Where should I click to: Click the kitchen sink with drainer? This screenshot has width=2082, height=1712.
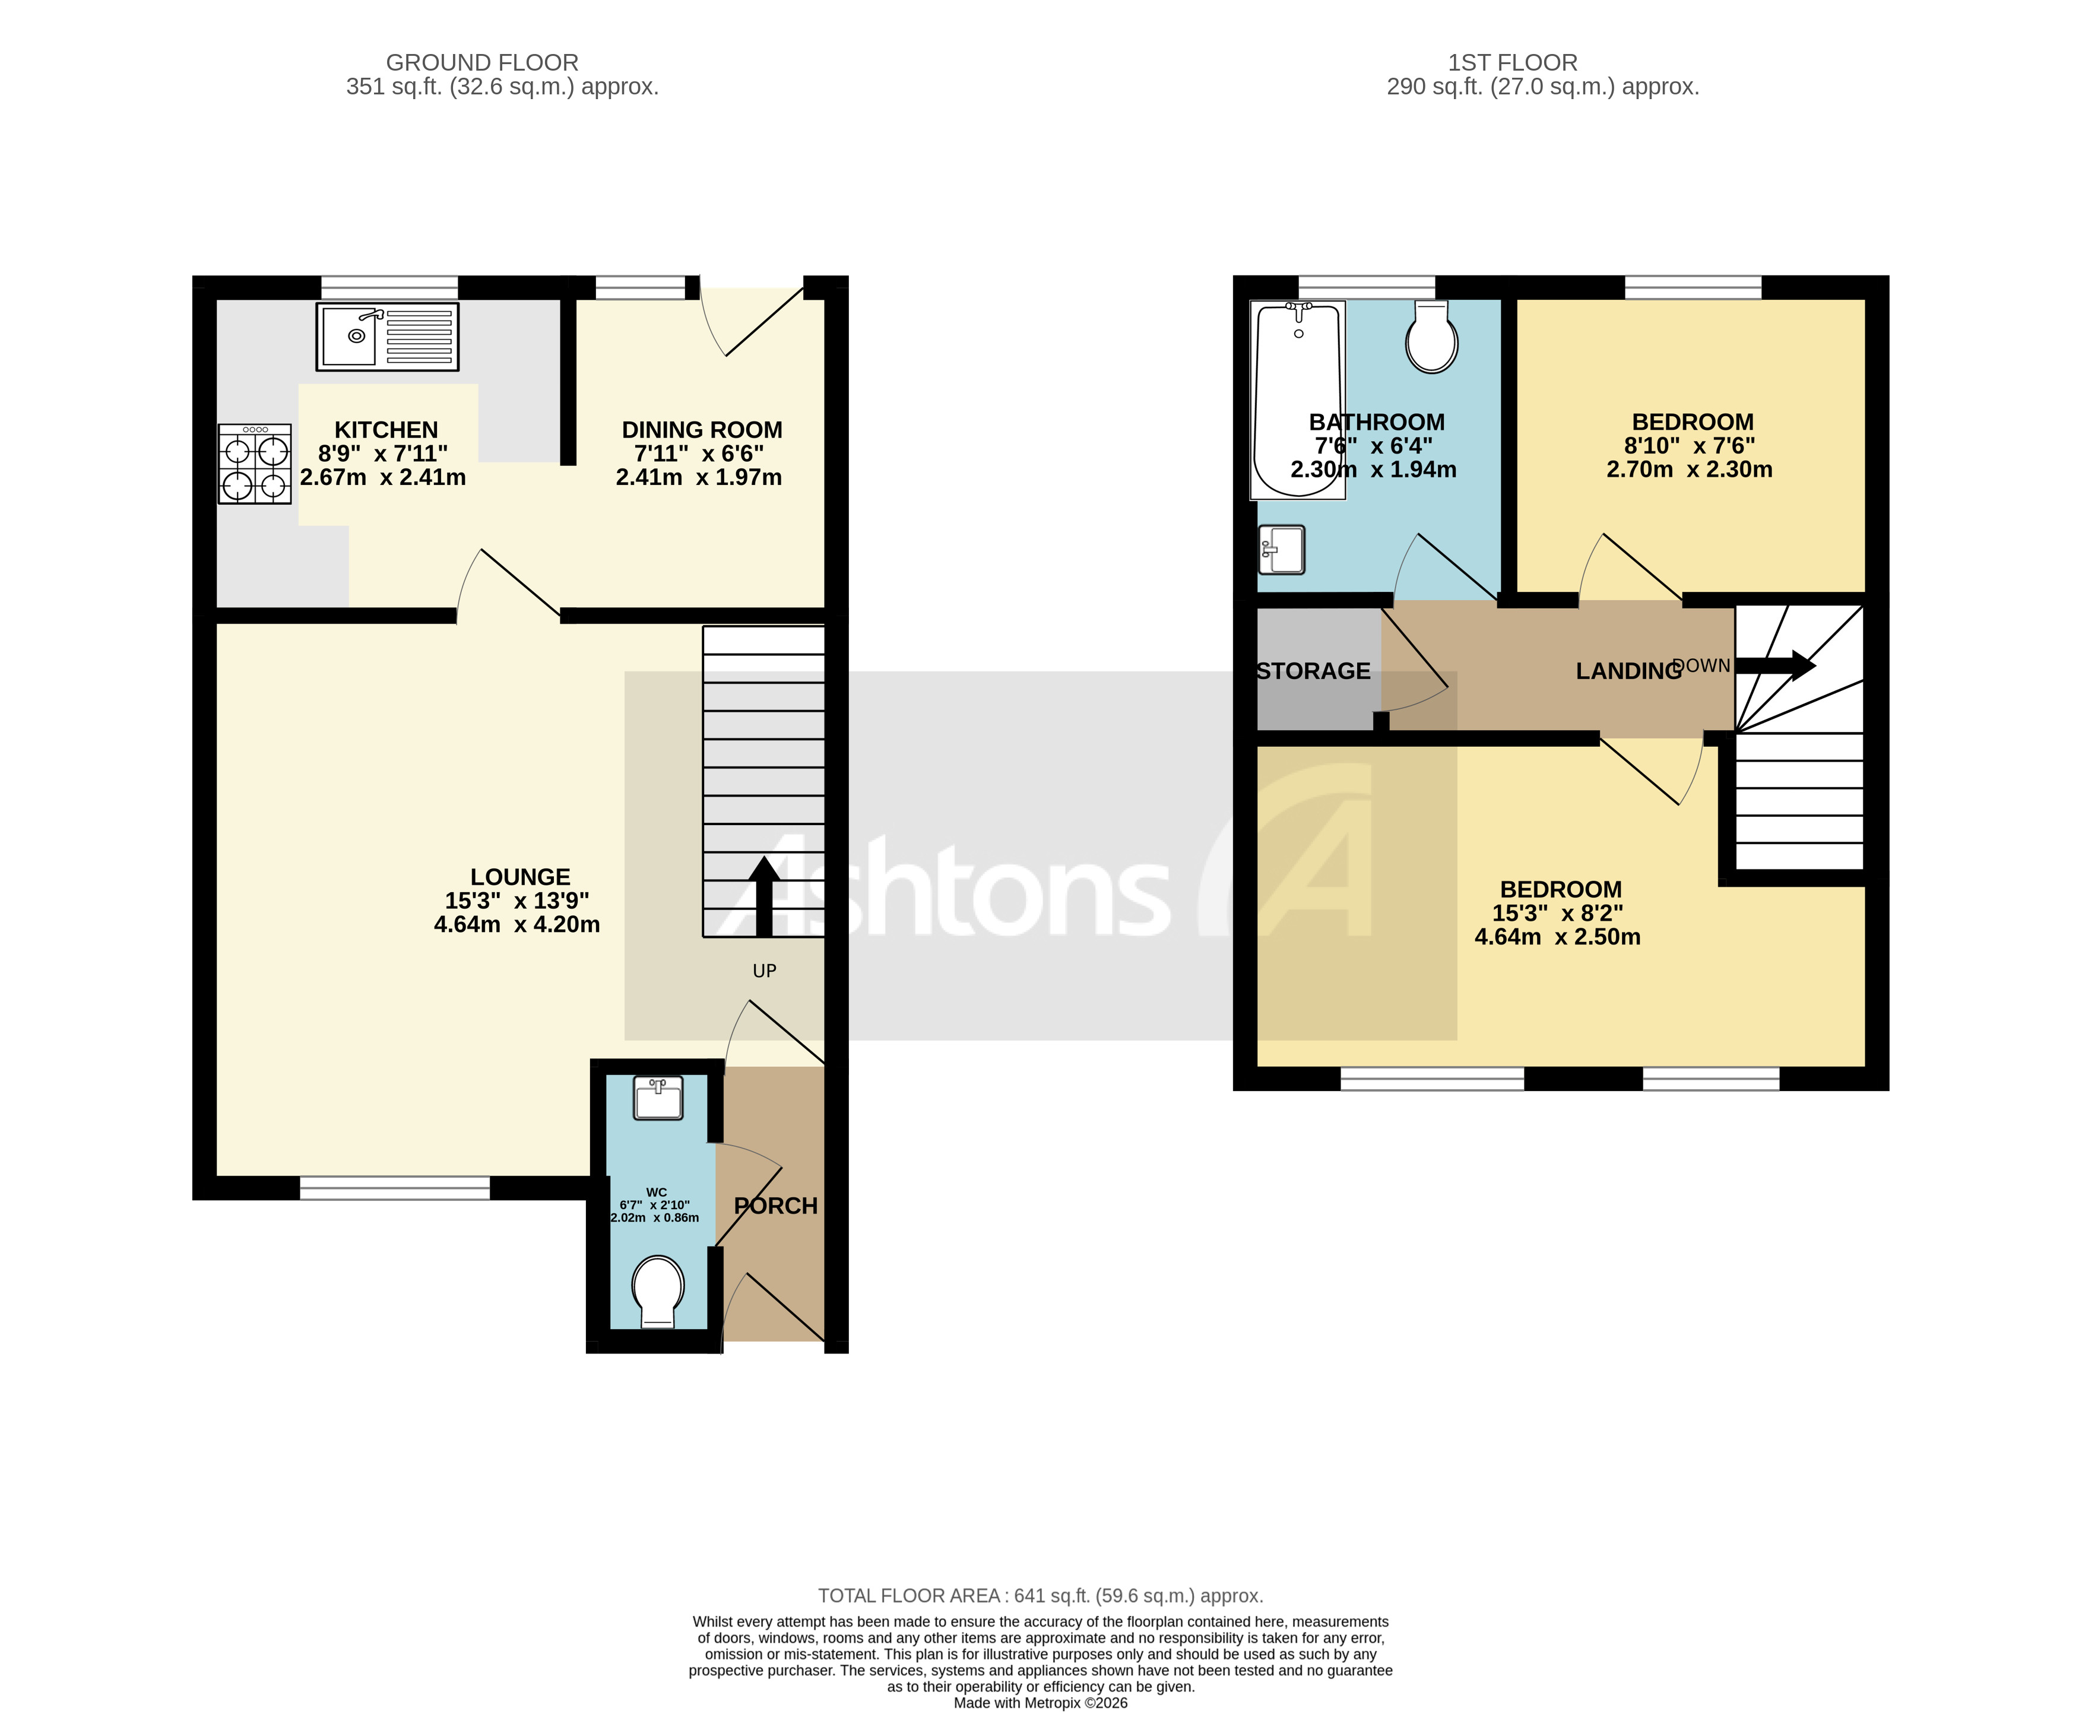[x=386, y=337]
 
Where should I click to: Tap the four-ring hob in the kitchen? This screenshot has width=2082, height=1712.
[x=255, y=464]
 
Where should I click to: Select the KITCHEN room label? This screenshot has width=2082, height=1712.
[x=386, y=430]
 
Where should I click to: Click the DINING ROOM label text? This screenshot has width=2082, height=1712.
[x=701, y=430]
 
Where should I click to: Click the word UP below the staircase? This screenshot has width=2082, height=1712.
[x=765, y=971]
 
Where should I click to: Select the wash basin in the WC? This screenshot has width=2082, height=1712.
[x=658, y=1098]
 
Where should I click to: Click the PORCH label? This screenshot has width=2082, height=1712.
[x=776, y=1206]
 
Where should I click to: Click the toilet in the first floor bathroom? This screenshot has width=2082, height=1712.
[x=1431, y=338]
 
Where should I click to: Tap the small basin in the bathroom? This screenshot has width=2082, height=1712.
[x=1281, y=549]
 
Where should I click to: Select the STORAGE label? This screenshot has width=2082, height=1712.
[x=1313, y=671]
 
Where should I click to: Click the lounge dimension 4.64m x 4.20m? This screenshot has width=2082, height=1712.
[x=517, y=925]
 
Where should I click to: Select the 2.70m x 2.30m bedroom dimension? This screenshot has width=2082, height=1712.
[x=1688, y=470]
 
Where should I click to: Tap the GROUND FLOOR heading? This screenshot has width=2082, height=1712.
[x=481, y=63]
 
